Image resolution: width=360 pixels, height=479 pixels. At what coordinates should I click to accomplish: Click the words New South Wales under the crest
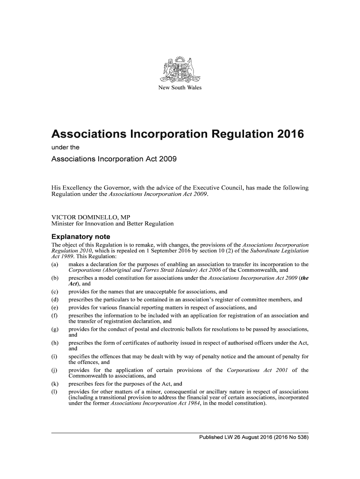pos(180,88)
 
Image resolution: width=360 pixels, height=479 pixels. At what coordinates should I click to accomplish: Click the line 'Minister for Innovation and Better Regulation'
pos(112,224)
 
